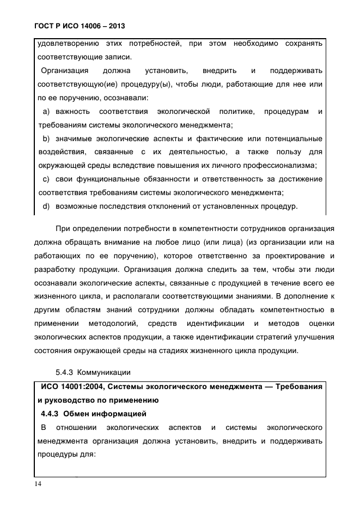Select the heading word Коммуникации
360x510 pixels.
[102, 373]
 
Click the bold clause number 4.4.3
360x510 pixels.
[53, 413]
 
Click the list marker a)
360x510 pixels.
[46, 112]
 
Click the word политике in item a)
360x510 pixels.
[235, 112]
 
